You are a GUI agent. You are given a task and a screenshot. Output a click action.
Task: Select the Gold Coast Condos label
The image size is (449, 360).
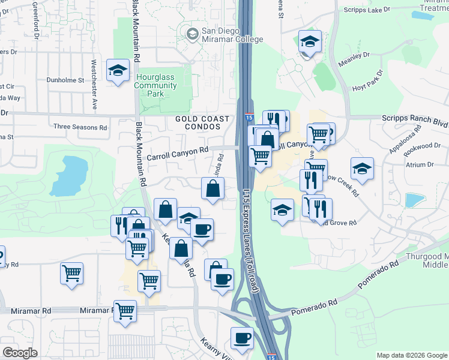click(198, 123)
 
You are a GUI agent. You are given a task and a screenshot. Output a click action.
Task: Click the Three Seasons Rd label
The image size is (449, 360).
click(80, 127)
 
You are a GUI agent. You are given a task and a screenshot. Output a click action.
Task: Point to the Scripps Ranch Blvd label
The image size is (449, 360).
click(415, 119)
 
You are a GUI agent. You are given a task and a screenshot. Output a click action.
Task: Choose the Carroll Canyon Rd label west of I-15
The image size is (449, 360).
click(177, 154)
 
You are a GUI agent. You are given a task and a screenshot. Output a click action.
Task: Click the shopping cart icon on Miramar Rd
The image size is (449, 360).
click(125, 311)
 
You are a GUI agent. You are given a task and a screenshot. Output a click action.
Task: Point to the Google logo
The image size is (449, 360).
click(20, 353)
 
